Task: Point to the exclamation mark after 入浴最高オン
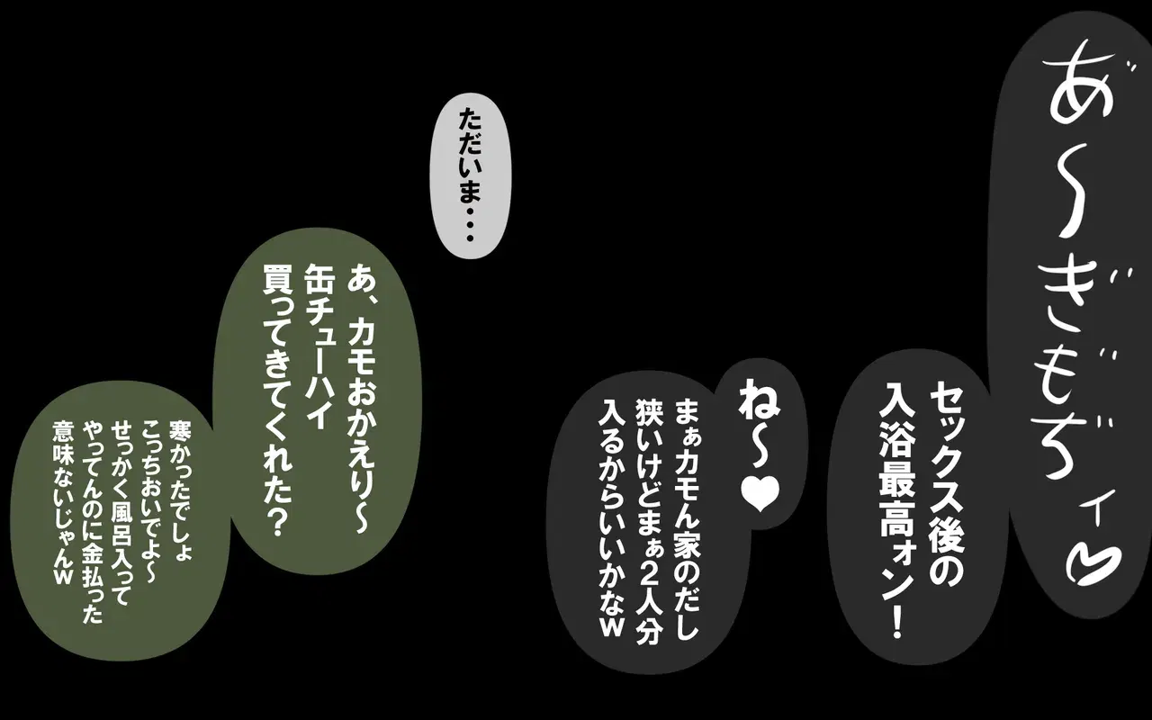[x=897, y=621]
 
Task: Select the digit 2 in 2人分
[x=650, y=567]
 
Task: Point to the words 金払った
[x=93, y=585]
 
